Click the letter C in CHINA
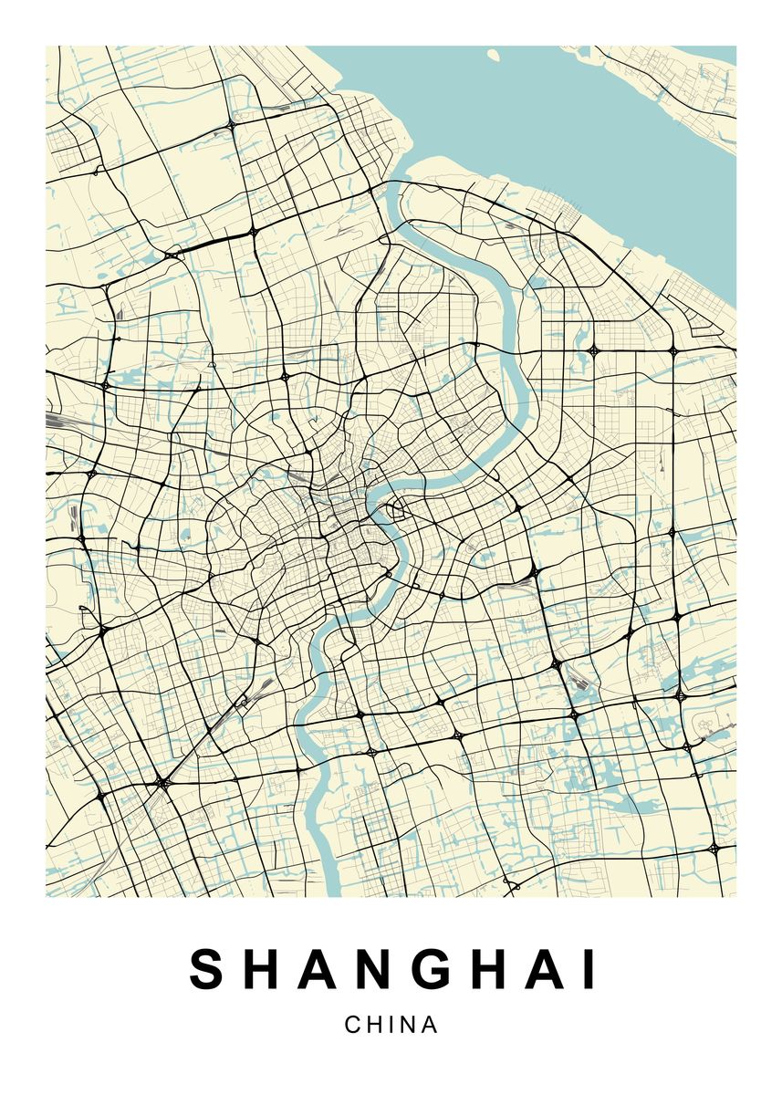(352, 1025)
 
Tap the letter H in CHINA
(375, 1025)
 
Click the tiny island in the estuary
(494, 56)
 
